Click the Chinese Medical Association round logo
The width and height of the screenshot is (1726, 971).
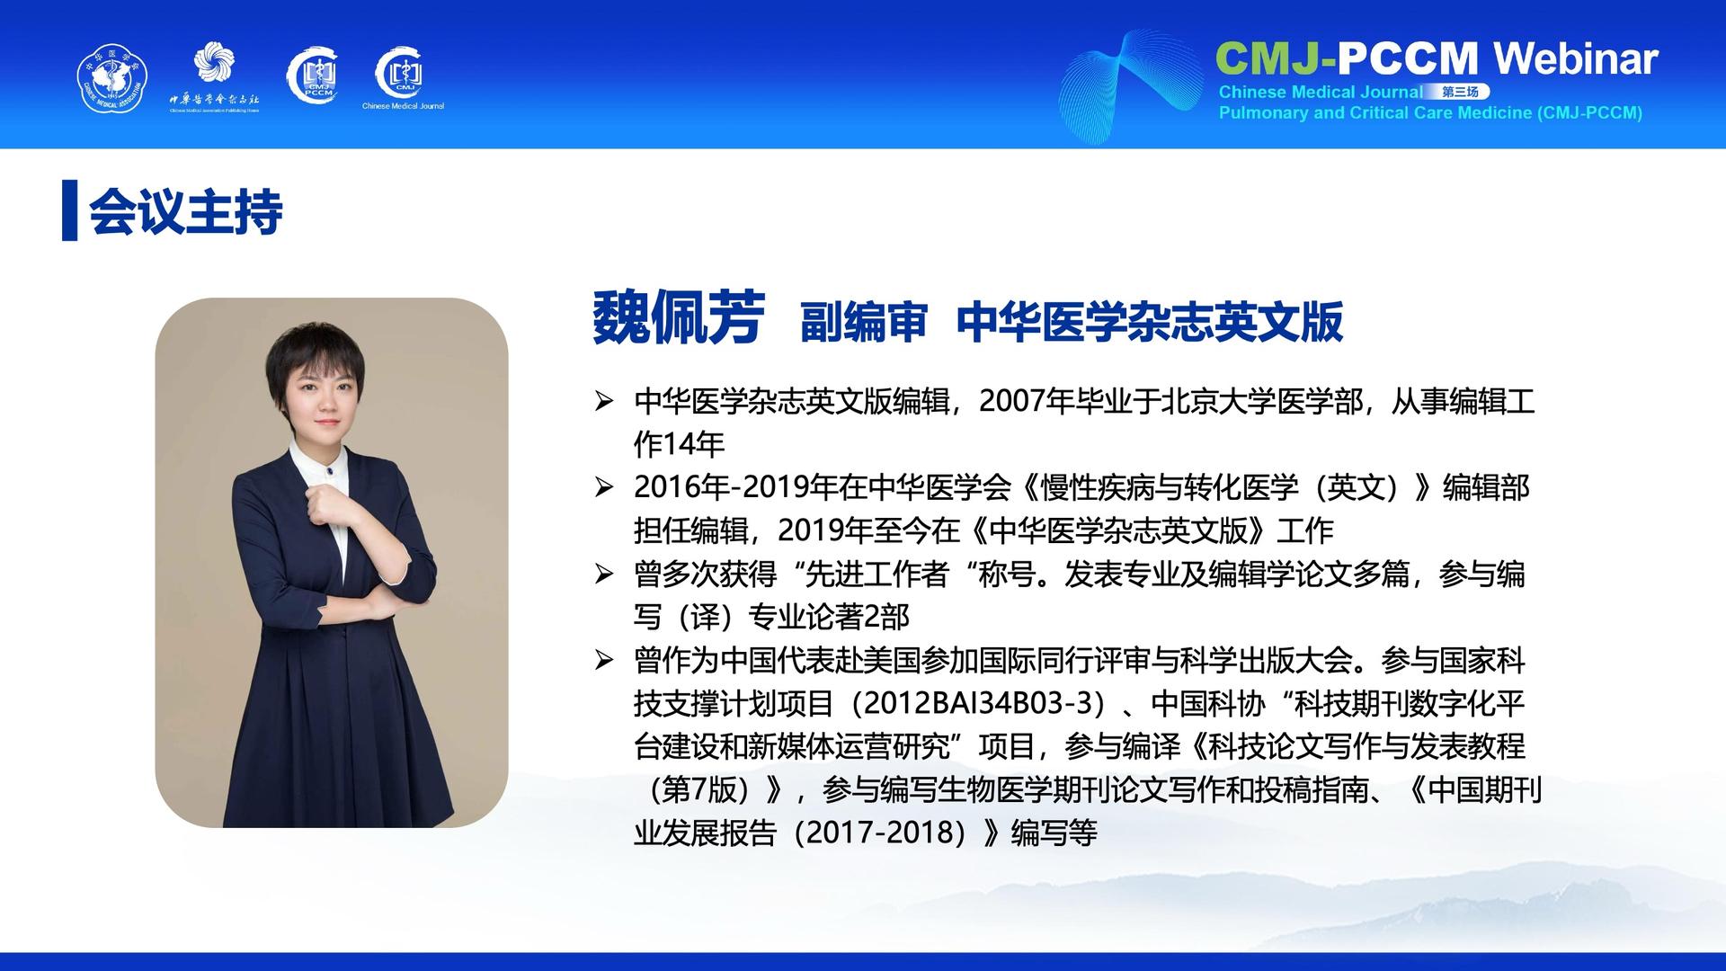click(112, 79)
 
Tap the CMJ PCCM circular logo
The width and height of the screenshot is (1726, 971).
click(312, 74)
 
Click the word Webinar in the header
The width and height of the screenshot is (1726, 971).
click(1576, 58)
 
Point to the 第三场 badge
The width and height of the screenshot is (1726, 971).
click(1461, 92)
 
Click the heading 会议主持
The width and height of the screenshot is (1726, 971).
click(186, 212)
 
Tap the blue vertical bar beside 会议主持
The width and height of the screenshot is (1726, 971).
click(69, 210)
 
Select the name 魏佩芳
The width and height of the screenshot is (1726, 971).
click(679, 318)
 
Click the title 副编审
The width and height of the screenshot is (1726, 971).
click(863, 322)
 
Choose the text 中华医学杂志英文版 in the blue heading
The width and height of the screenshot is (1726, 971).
click(1150, 322)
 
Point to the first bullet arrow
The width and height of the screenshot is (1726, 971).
click(604, 401)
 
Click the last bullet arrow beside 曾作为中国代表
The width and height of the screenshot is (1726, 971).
click(604, 660)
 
